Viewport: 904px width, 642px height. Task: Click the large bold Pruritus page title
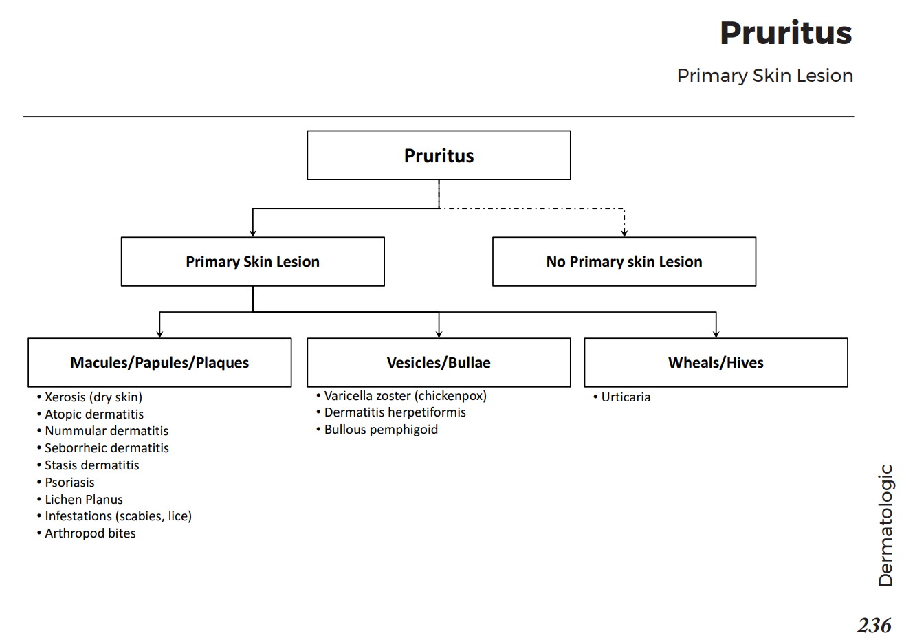click(x=785, y=33)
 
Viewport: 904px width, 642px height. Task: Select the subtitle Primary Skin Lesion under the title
click(x=764, y=76)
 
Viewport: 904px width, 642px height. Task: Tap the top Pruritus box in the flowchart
click(x=439, y=155)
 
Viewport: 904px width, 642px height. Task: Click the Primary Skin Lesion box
click(x=252, y=262)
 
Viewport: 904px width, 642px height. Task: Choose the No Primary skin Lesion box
click(x=624, y=262)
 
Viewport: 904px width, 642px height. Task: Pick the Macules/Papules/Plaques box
click(x=159, y=362)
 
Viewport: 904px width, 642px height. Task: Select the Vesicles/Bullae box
click(x=439, y=362)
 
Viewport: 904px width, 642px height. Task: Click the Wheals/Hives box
click(x=716, y=362)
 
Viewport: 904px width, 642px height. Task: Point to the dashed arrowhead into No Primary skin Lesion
click(x=624, y=232)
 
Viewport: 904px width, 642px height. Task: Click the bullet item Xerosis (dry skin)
click(x=93, y=397)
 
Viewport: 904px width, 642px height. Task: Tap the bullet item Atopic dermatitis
click(x=94, y=414)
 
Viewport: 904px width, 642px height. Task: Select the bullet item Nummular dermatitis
click(x=107, y=431)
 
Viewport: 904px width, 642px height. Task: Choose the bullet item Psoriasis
click(x=69, y=483)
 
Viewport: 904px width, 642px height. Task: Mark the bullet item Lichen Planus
click(x=84, y=500)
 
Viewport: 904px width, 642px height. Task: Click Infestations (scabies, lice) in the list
click(x=118, y=516)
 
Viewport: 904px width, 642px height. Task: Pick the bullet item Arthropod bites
click(x=90, y=533)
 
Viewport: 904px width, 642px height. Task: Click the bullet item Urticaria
click(x=626, y=397)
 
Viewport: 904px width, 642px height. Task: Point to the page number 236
click(x=874, y=626)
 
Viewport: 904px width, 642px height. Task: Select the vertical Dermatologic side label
click(x=885, y=525)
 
